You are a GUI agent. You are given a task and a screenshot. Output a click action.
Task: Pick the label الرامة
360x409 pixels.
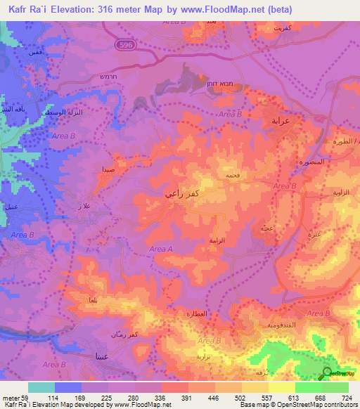click(x=217, y=240)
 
